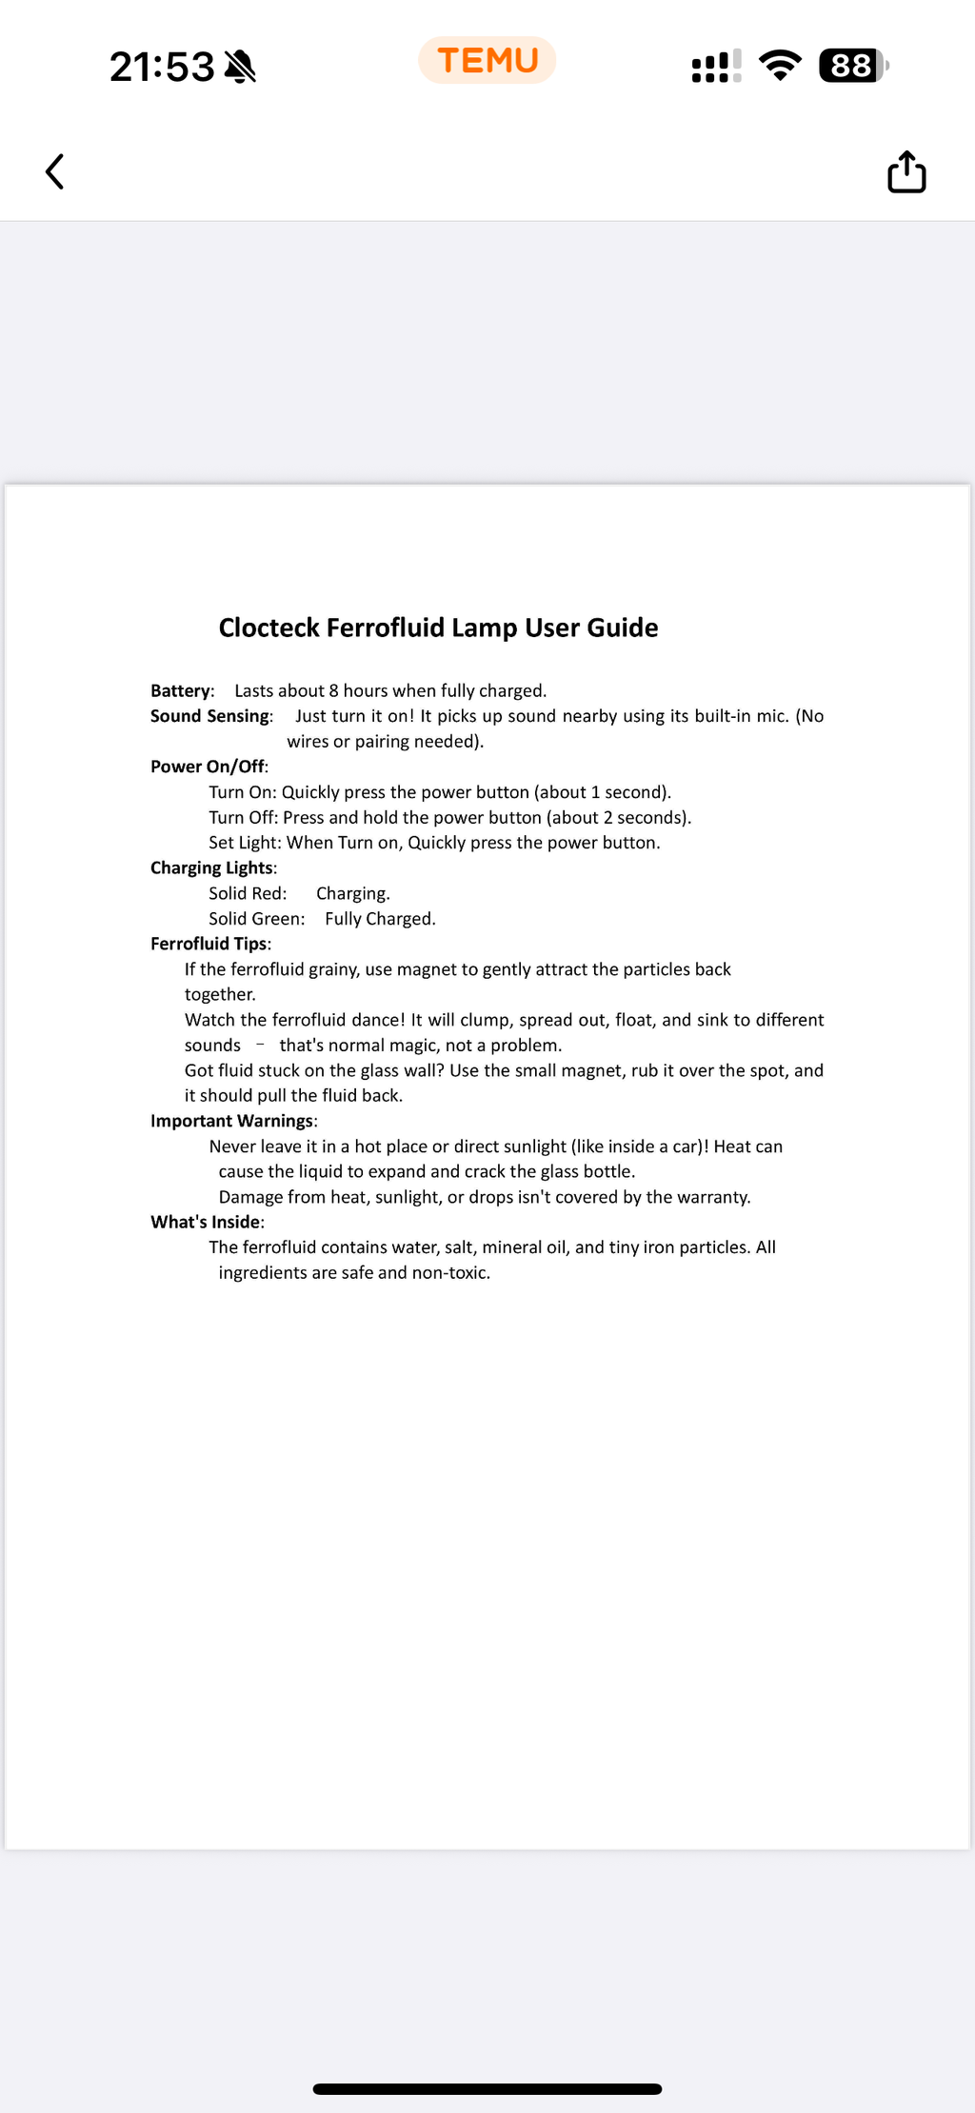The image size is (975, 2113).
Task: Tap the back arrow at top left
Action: [x=55, y=172]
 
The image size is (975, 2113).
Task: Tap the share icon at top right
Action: [x=906, y=172]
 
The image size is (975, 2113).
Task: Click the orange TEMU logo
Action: [x=487, y=61]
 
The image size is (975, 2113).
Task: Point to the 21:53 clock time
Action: [x=162, y=67]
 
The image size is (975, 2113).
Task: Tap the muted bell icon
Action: [x=240, y=67]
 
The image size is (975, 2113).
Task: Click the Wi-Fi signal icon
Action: [x=780, y=66]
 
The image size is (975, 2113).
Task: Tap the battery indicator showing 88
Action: [x=852, y=66]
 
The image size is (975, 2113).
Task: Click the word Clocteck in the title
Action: [x=269, y=628]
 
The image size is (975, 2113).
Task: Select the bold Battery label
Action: [x=181, y=691]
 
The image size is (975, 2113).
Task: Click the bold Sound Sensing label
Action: [x=210, y=716]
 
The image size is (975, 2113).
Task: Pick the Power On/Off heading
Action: [x=208, y=767]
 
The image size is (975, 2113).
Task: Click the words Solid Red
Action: [x=247, y=893]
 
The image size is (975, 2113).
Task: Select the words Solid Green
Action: [x=256, y=919]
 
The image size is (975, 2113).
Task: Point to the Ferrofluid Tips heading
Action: [x=209, y=944]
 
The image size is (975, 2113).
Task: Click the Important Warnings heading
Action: [x=232, y=1121]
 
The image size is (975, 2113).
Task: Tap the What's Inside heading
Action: [x=206, y=1222]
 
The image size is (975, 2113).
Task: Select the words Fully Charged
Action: [x=380, y=919]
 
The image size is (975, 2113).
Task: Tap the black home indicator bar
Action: [x=487, y=2089]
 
